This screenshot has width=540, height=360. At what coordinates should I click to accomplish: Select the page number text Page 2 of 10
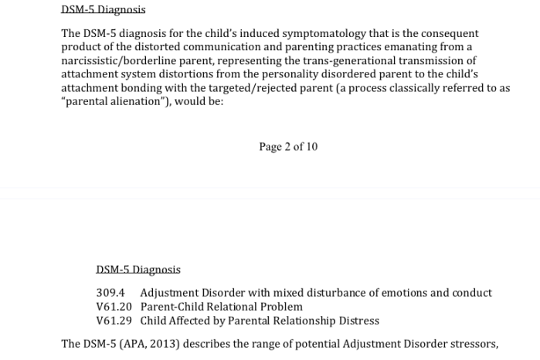[288, 147]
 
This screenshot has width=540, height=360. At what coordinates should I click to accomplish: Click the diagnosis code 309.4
[110, 293]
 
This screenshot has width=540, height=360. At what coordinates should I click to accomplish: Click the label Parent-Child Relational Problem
[222, 307]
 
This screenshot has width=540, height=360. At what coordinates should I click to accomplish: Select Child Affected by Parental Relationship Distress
[260, 321]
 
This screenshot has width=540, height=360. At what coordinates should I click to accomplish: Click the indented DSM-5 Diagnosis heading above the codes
[138, 270]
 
